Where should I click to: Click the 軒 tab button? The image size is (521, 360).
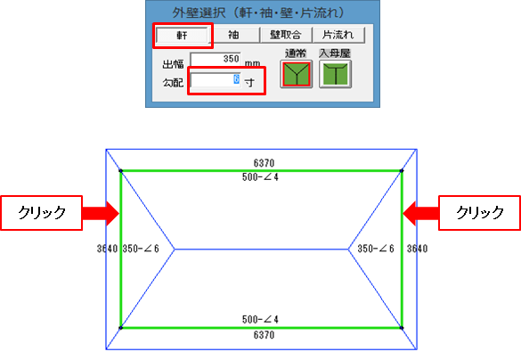coord(182,35)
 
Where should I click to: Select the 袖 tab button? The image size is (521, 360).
coord(233,35)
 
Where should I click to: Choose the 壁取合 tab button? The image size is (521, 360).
coord(286,35)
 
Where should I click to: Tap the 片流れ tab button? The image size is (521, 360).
coord(338,35)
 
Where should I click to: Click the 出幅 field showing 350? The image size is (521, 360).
coord(216,59)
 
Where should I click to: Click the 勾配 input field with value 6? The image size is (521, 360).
coord(216,80)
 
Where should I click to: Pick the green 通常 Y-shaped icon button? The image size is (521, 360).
coord(296,74)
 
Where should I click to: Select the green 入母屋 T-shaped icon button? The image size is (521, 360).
coord(335,74)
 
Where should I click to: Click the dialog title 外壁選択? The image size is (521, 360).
coord(199,13)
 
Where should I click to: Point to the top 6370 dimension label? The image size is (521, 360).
coord(264,163)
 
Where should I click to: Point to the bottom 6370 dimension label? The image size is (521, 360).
coord(264,335)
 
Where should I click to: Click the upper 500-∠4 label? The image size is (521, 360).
coord(260,177)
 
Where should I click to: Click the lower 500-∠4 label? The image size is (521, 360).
coord(260,319)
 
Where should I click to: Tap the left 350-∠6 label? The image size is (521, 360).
coord(141,249)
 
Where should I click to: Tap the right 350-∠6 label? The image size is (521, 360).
coord(376,249)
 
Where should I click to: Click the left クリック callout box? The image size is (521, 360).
coord(42,213)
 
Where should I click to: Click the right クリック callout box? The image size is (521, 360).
coord(479,213)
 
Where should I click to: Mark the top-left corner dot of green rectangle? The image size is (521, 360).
coord(120,171)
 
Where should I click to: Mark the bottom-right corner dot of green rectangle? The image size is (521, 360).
coord(402,328)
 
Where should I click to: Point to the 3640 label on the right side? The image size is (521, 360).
coord(418,249)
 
